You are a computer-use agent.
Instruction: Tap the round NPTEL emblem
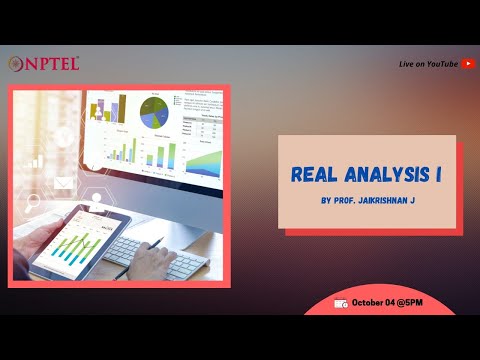click(x=16, y=63)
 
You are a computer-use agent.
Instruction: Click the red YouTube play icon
click(x=469, y=63)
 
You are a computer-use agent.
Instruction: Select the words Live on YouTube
click(x=428, y=63)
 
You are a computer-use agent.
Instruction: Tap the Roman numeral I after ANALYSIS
click(x=440, y=173)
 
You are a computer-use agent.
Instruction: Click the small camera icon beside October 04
click(x=342, y=303)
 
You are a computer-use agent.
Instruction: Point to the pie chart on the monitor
click(x=154, y=108)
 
